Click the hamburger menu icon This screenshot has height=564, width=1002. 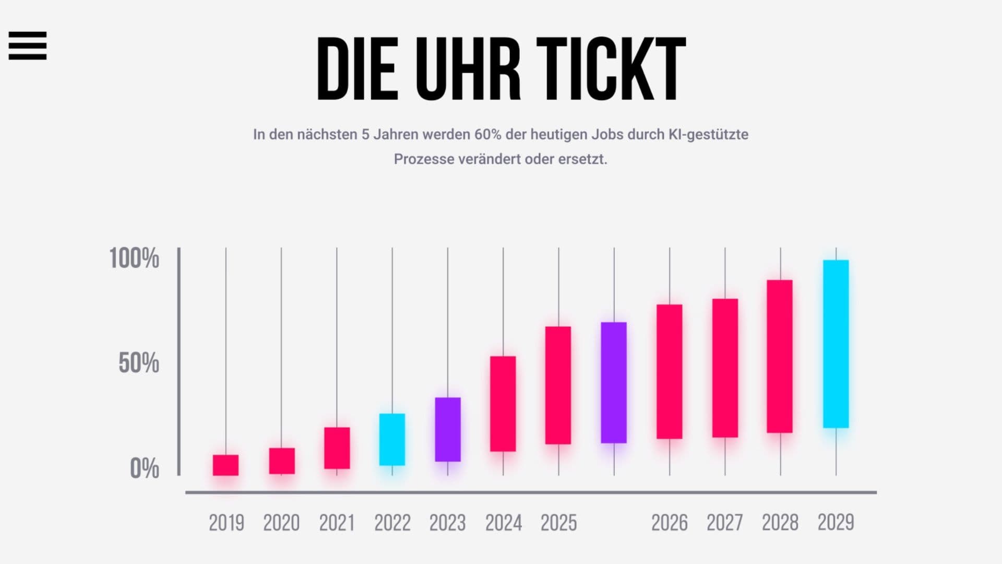[28, 45]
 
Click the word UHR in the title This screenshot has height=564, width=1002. [468, 69]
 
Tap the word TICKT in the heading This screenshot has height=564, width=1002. [611, 69]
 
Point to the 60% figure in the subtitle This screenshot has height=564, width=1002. [487, 135]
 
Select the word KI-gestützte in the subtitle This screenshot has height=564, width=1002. [708, 135]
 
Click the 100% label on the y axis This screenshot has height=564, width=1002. [134, 258]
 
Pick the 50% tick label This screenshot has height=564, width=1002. [138, 363]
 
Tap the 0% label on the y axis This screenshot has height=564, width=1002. [144, 468]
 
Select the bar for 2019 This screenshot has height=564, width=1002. [225, 465]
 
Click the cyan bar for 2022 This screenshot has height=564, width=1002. [392, 439]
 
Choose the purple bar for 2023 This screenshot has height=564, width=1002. [448, 429]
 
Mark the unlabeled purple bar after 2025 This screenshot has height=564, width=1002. [614, 382]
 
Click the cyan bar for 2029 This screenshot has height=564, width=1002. [836, 344]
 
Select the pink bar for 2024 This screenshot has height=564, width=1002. [503, 404]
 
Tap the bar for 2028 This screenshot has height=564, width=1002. [780, 356]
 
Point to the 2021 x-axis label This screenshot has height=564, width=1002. [337, 523]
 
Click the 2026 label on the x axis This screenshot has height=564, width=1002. [669, 523]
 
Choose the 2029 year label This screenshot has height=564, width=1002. [836, 523]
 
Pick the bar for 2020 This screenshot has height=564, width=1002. [282, 461]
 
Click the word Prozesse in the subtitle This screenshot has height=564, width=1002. [424, 159]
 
